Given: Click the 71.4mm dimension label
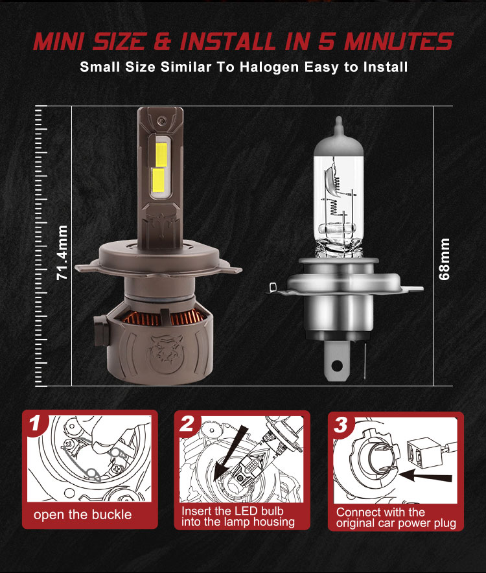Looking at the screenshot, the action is point(62,253).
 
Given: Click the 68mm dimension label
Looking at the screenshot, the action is point(444,259).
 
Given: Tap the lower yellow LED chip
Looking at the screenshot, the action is point(159,180).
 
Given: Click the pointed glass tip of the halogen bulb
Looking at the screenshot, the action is point(339,124).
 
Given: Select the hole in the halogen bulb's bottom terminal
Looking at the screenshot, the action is point(337,366).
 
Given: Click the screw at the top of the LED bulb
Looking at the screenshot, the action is point(161,121).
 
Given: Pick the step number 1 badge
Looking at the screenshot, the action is point(36,423).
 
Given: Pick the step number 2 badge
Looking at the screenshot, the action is point(187,424).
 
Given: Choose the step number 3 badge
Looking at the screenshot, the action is point(341,425).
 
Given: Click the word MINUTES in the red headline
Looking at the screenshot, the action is point(399,41).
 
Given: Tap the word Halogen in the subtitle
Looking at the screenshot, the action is point(270,67).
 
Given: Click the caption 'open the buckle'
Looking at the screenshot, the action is point(82,515).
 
